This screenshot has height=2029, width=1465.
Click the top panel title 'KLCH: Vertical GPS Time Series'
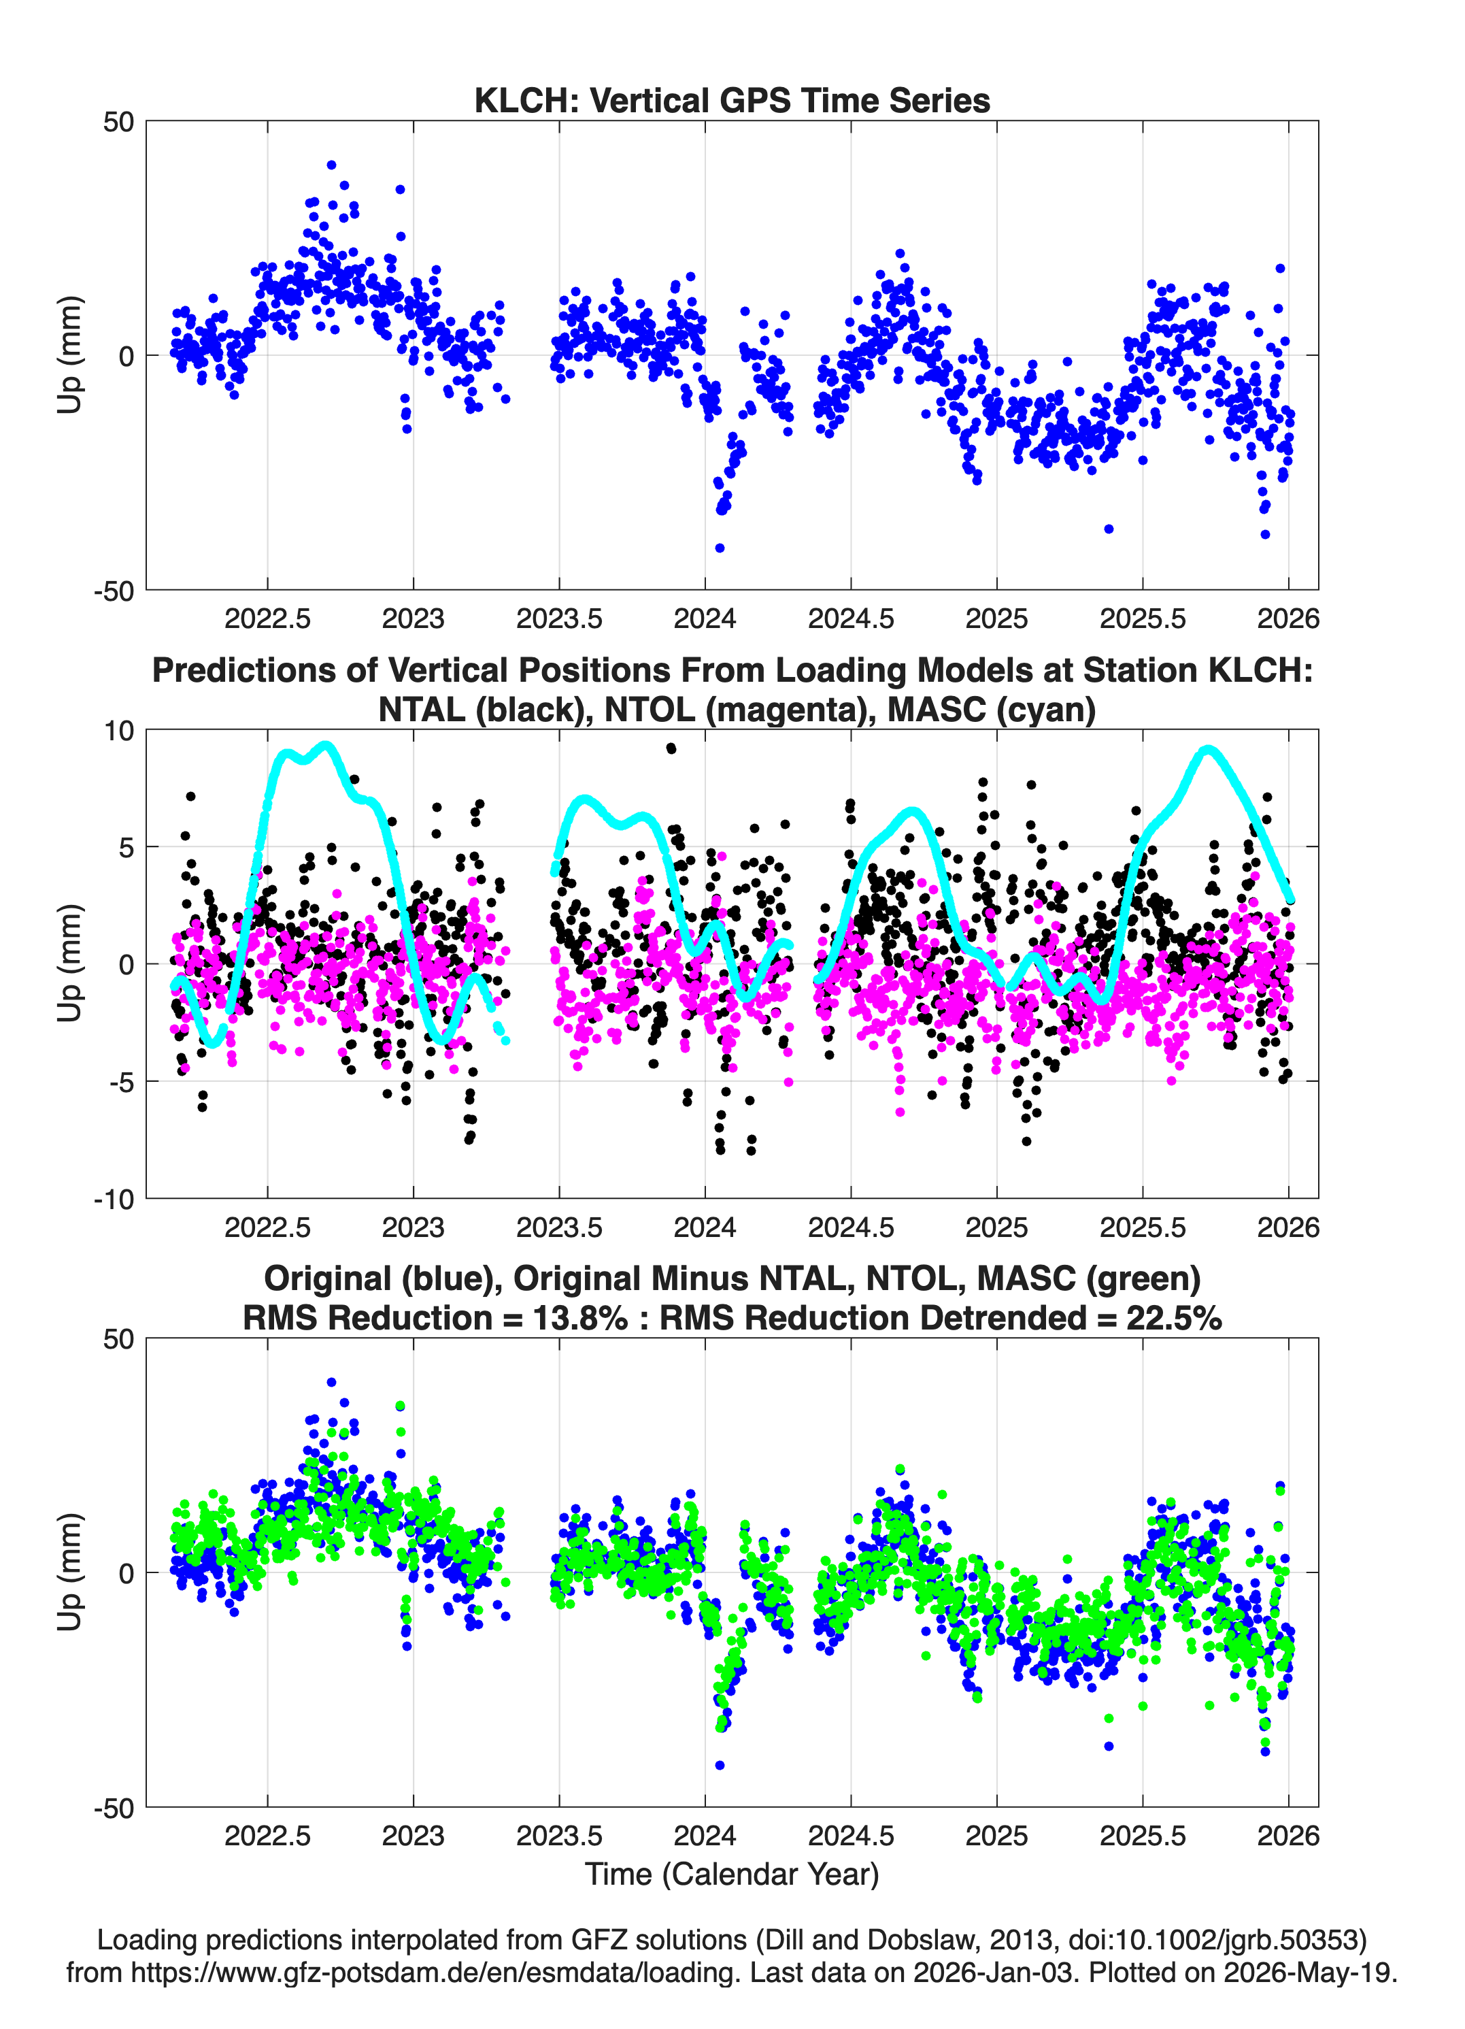pyautogui.click(x=732, y=100)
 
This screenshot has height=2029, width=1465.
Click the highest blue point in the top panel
pyautogui.click(x=332, y=165)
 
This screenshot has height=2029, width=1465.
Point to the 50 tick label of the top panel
pyautogui.click(x=118, y=122)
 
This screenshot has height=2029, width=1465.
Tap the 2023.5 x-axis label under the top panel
pyautogui.click(x=559, y=618)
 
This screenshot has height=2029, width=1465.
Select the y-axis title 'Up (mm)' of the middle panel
pyautogui.click(x=70, y=963)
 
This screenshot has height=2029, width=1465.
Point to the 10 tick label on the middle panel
pyautogui.click(x=119, y=731)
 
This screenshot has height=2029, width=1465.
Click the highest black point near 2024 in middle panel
pyautogui.click(x=671, y=748)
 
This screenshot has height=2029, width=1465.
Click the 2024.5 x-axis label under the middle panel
pyautogui.click(x=851, y=1227)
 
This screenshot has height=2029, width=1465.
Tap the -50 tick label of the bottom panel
pyautogui.click(x=114, y=1808)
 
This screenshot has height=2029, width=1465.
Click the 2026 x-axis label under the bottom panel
pyautogui.click(x=1288, y=1836)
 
